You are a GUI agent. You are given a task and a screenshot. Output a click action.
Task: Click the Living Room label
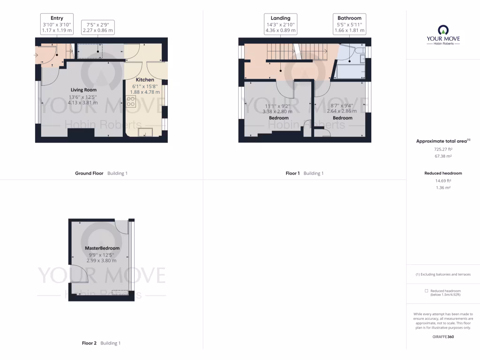[83, 90]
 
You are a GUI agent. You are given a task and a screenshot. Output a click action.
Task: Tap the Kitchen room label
[145, 80]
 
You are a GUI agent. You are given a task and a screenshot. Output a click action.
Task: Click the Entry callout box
[57, 24]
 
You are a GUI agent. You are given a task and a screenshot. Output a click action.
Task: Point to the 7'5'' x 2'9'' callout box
[97, 27]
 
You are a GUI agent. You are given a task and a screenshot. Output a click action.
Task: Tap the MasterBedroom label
[102, 248]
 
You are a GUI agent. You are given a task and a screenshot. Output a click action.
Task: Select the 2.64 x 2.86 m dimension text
[342, 112]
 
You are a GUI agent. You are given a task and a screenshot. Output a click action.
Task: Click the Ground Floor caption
[89, 173]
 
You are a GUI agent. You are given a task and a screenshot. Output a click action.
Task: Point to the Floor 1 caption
[292, 173]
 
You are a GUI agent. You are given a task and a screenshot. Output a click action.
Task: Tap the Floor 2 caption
[89, 343]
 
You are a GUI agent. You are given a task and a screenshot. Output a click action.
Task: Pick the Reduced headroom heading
[443, 173]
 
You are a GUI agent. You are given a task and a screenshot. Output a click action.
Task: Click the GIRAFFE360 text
[443, 337]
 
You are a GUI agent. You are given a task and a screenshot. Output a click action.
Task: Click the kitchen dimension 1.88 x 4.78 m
[144, 92]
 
